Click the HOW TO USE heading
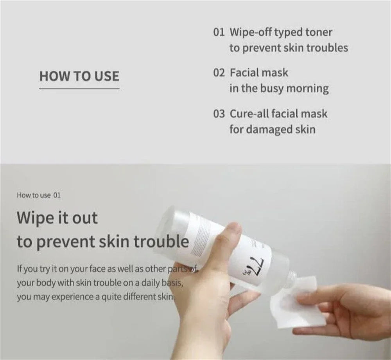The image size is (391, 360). point(79,76)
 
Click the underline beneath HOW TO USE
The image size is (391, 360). point(79,88)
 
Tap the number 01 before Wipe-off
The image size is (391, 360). point(219,32)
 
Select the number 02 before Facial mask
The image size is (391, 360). point(219,73)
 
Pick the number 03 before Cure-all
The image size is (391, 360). point(219,114)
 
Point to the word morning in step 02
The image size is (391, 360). point(307,88)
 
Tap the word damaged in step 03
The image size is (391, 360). point(265,129)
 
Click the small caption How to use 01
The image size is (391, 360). point(39,195)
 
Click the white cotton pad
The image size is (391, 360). point(303,309)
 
